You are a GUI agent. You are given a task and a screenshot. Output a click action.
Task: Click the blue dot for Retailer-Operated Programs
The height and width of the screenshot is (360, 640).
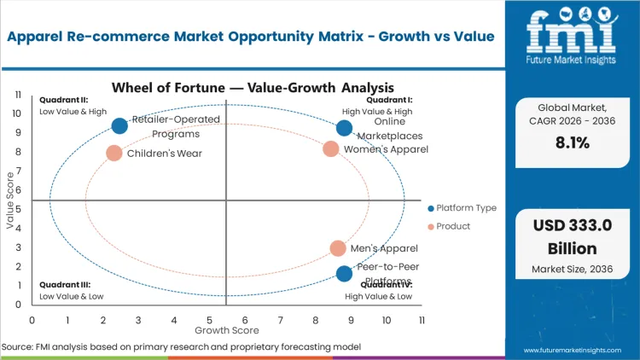tap(119, 126)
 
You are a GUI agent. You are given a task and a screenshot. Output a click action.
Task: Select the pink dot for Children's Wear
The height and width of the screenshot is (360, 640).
tap(114, 154)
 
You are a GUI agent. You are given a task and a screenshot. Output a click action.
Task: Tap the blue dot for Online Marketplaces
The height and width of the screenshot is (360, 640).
tap(344, 128)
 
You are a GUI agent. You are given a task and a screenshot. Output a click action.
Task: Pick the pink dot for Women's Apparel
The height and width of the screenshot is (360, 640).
tap(331, 149)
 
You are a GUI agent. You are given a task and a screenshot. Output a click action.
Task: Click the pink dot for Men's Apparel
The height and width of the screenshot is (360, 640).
tap(338, 248)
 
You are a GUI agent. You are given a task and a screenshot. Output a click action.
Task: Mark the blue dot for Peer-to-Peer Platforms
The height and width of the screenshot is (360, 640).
tap(344, 274)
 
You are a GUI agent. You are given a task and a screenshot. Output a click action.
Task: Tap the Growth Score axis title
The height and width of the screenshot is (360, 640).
tap(226, 329)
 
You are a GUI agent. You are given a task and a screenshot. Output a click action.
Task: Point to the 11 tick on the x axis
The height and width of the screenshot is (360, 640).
tap(422, 320)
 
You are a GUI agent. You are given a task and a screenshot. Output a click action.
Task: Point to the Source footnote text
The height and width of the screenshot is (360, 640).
tap(181, 346)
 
